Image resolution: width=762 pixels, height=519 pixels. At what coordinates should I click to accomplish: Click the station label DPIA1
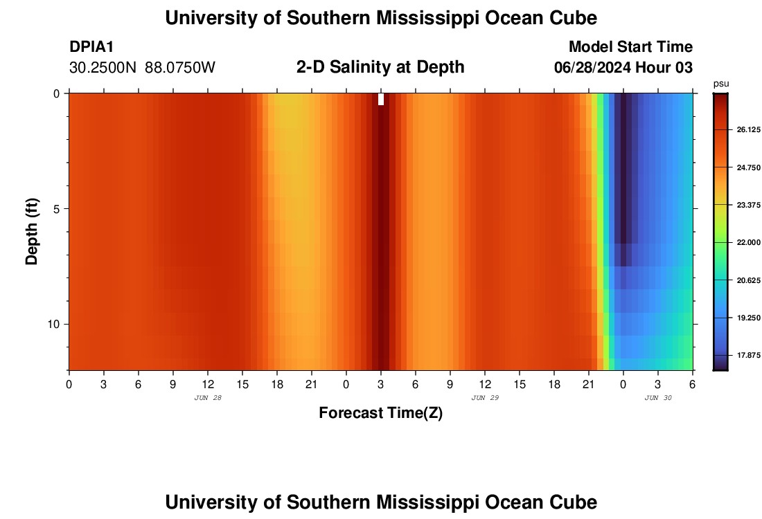[x=91, y=47]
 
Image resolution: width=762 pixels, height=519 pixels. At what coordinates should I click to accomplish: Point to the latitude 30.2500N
[x=103, y=68]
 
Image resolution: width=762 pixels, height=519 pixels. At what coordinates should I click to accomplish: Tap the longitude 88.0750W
[x=180, y=68]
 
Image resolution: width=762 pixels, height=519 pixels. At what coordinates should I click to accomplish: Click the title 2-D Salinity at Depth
[x=380, y=67]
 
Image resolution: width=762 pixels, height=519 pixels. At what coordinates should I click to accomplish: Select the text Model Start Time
[x=630, y=47]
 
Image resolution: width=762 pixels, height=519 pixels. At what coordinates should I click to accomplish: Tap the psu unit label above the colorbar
[x=721, y=84]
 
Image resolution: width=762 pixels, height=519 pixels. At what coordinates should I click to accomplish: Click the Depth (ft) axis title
[x=32, y=231]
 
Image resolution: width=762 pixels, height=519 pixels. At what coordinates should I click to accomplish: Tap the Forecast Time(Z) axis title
[x=380, y=413]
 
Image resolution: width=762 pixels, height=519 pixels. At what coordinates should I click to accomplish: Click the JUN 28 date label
[x=208, y=398]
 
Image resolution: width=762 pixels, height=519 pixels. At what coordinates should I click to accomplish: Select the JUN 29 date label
[x=485, y=398]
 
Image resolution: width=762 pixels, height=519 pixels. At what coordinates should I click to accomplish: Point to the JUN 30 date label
[x=658, y=398]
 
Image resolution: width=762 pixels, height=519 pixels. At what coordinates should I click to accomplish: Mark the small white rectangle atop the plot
[x=381, y=99]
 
